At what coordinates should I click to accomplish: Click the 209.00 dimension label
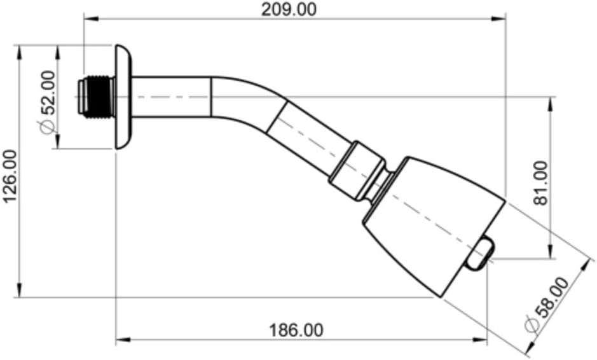pyautogui.click(x=289, y=10)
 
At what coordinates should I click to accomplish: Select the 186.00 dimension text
pyautogui.click(x=296, y=330)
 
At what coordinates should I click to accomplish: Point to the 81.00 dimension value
pyautogui.click(x=540, y=183)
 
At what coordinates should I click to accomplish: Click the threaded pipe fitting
pyautogui.click(x=97, y=97)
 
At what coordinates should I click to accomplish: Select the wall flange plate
pyautogui.click(x=123, y=97)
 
